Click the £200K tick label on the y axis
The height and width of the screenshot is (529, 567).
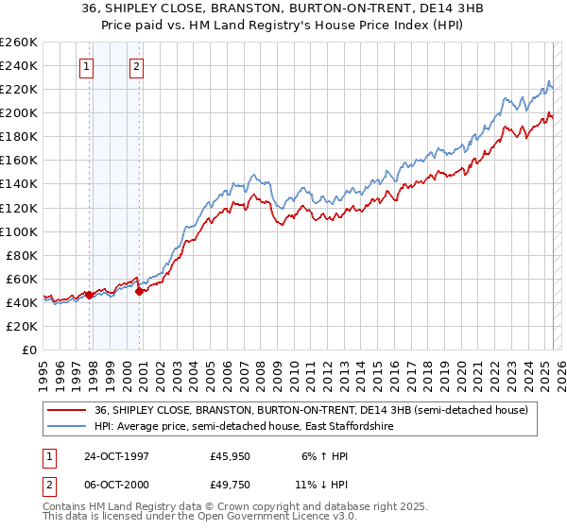pos(18,112)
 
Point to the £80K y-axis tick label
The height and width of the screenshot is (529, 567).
pos(21,255)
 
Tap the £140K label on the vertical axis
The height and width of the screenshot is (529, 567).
pos(18,184)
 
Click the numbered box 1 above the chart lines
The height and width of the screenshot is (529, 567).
pos(87,66)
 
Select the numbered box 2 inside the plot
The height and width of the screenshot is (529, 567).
pos(137,66)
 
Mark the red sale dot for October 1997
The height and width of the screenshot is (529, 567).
pos(90,295)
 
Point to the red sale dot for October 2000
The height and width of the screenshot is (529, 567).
pos(139,291)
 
